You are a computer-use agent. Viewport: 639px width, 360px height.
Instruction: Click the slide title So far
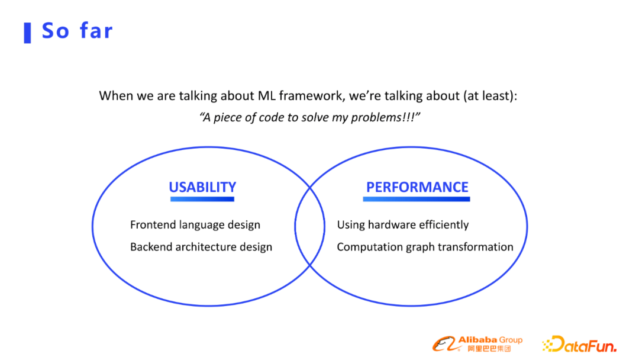click(77, 31)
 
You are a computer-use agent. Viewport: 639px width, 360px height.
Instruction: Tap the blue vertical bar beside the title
click(28, 33)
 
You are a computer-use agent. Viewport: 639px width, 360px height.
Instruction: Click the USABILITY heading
click(202, 187)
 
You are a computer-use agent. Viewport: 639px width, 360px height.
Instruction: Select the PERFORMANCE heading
click(417, 187)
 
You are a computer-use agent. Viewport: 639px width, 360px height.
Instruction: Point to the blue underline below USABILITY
click(202, 199)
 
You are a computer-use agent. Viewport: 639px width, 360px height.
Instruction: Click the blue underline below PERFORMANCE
click(417, 199)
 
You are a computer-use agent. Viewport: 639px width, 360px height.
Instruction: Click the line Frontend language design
click(195, 224)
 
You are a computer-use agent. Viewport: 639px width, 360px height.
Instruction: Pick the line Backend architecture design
click(201, 247)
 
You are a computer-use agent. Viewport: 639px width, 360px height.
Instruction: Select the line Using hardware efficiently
click(403, 224)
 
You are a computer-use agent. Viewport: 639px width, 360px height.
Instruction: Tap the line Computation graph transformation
click(425, 247)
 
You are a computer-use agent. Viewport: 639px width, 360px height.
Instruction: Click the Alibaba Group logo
click(477, 343)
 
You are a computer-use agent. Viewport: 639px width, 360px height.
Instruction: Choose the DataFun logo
click(579, 343)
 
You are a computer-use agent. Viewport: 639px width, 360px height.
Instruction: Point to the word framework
click(312, 96)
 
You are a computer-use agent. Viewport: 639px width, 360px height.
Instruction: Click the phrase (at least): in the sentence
click(490, 97)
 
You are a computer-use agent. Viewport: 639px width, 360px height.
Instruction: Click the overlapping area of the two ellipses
click(309, 226)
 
